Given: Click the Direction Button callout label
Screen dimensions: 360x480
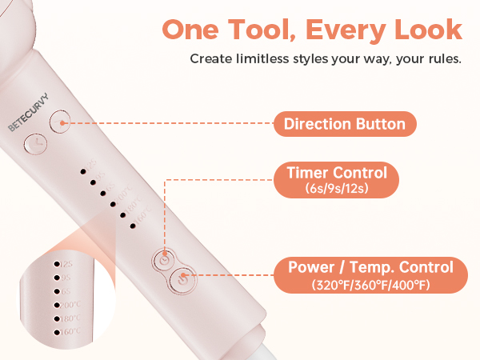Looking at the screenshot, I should (x=345, y=124).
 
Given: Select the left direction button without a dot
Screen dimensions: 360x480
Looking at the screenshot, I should (x=35, y=145).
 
